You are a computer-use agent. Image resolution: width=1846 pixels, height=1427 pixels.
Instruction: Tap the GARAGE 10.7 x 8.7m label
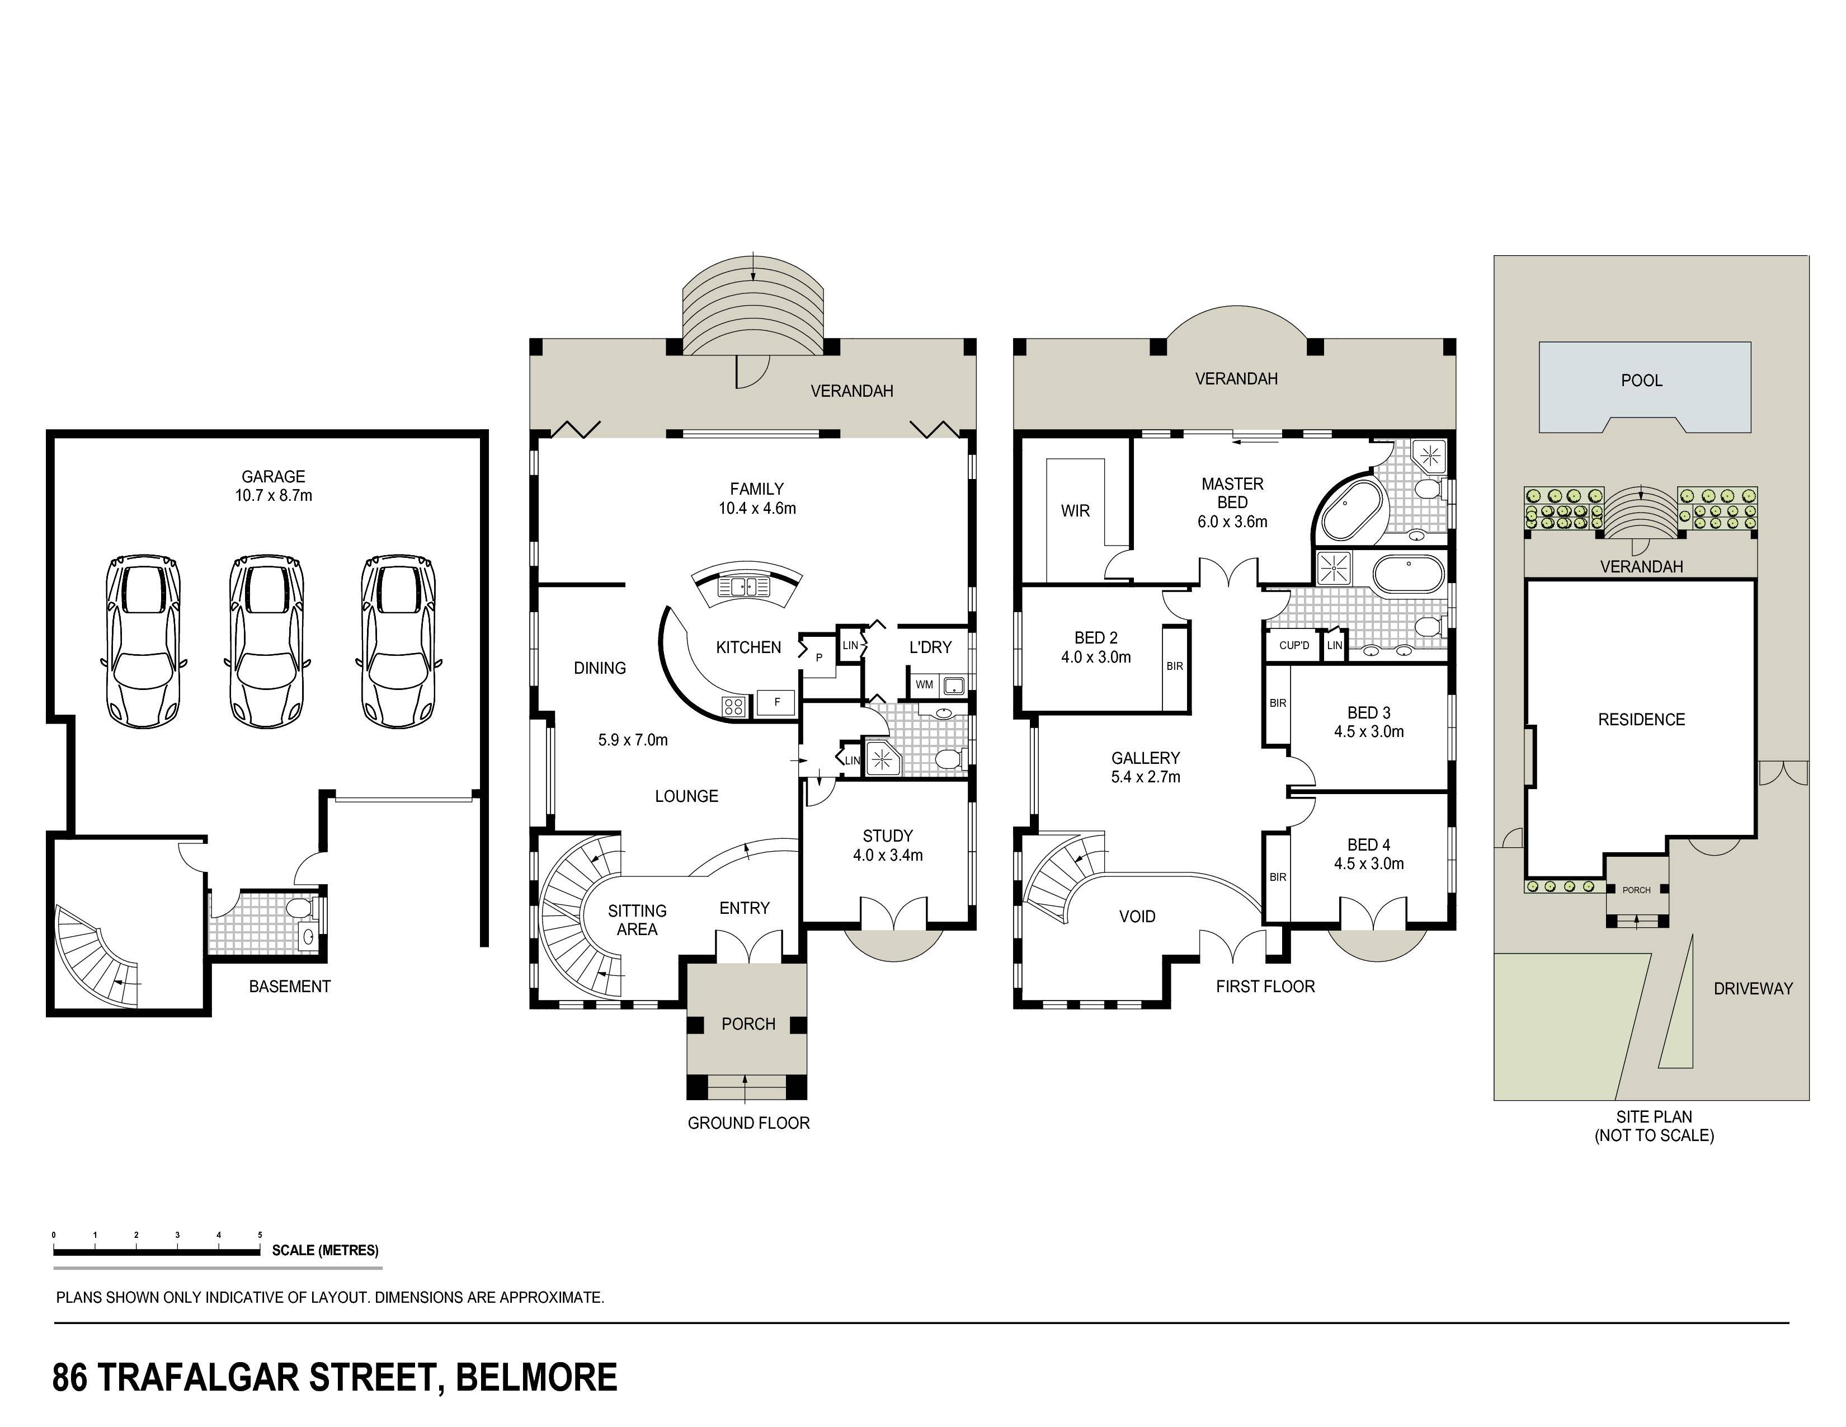pyautogui.click(x=273, y=486)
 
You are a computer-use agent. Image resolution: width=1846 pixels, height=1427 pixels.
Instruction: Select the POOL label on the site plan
pyautogui.click(x=1641, y=381)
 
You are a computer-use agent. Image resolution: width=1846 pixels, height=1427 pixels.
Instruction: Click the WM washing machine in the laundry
pyautogui.click(x=925, y=685)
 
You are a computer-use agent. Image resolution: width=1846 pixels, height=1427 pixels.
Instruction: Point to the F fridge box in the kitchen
pyautogui.click(x=777, y=702)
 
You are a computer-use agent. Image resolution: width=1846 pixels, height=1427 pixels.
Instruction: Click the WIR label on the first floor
pyautogui.click(x=1075, y=510)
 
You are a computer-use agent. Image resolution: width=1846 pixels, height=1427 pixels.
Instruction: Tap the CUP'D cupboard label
pyautogui.click(x=1294, y=645)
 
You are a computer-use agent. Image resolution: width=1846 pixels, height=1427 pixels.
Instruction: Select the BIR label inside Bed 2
pyautogui.click(x=1175, y=666)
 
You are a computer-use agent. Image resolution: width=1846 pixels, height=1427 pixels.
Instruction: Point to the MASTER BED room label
pyautogui.click(x=1232, y=493)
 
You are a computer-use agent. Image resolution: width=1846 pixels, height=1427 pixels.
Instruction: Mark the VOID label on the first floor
pyautogui.click(x=1137, y=917)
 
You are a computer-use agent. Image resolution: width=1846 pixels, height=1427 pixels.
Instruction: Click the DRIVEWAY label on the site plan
pyautogui.click(x=1753, y=988)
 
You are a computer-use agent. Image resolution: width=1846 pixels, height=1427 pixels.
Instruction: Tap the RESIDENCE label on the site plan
pyautogui.click(x=1641, y=720)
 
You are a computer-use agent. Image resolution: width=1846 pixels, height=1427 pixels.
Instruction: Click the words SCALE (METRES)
pyautogui.click(x=326, y=1250)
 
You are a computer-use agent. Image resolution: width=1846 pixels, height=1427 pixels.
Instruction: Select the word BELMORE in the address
pyautogui.click(x=536, y=1377)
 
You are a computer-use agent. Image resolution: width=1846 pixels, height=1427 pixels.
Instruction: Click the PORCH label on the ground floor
pyautogui.click(x=748, y=1024)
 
